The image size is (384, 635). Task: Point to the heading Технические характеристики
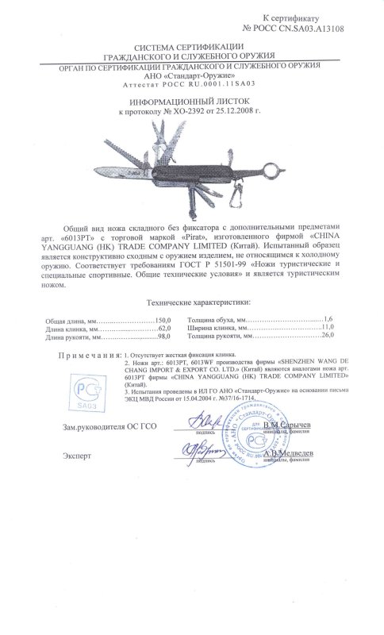pyautogui.click(x=194, y=302)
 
